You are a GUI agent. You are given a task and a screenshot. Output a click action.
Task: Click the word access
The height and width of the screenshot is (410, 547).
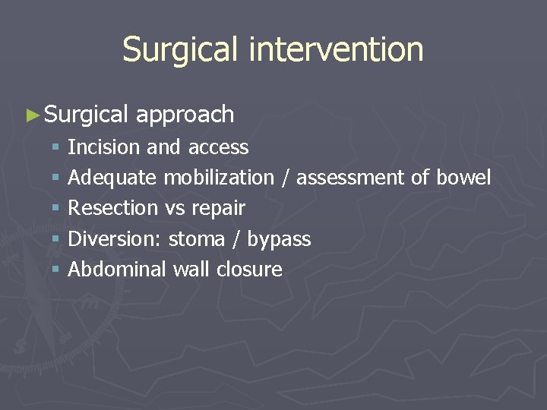click(218, 147)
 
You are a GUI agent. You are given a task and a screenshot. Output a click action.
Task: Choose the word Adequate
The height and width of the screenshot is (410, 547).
click(112, 178)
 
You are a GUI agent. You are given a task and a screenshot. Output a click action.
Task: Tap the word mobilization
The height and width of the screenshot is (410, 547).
click(219, 178)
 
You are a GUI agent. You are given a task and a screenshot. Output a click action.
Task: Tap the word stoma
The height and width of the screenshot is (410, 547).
click(196, 239)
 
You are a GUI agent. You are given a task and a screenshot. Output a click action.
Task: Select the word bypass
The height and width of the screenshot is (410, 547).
click(279, 240)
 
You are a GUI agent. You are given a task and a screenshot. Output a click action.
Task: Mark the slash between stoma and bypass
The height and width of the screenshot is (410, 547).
click(236, 239)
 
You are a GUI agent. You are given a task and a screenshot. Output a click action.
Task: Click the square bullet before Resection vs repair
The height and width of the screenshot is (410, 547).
click(57, 208)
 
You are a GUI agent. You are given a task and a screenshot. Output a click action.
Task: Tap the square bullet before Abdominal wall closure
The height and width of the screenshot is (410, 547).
click(57, 270)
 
